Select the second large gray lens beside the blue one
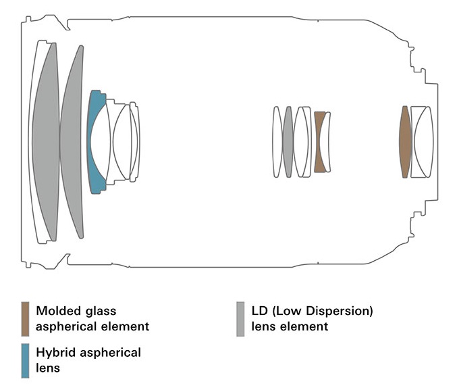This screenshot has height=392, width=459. click(72, 142)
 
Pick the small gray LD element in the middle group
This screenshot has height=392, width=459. click(288, 142)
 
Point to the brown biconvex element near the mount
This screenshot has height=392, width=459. click(405, 142)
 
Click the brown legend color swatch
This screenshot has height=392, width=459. click(25, 318)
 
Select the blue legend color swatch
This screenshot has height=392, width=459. click(25, 360)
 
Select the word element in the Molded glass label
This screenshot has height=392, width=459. click(126, 327)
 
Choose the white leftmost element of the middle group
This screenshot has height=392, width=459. click(277, 142)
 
